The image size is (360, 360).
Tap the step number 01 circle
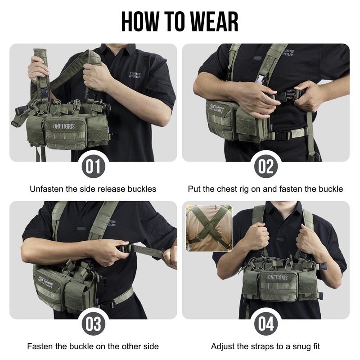point(93,166)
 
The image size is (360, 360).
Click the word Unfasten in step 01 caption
point(46,189)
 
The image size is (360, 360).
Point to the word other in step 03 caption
point(128,346)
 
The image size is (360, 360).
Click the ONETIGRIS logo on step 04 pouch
point(279,277)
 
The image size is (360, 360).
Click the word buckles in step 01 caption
point(141,189)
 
